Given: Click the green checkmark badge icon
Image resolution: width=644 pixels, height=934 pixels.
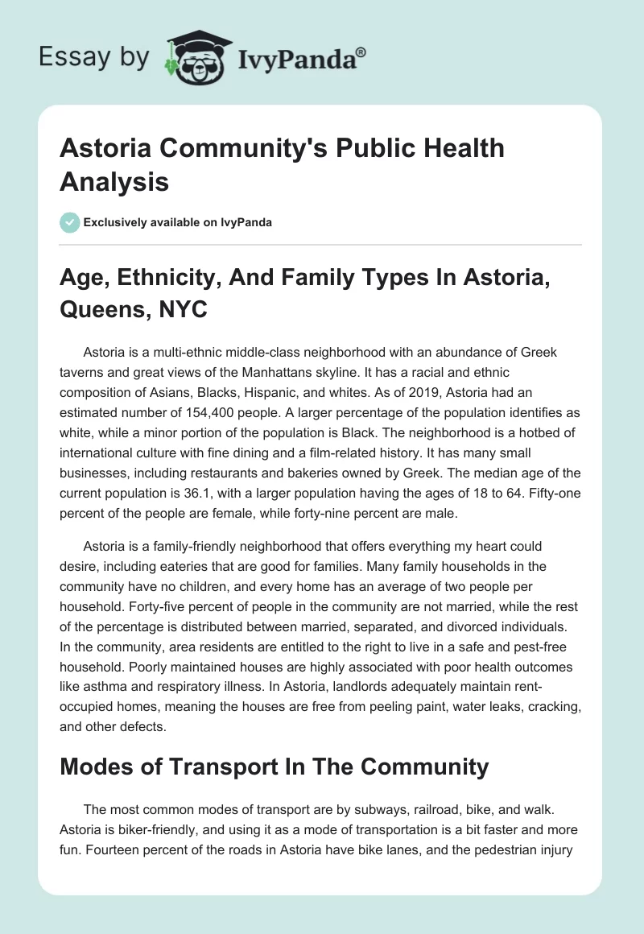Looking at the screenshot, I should click(x=70, y=222).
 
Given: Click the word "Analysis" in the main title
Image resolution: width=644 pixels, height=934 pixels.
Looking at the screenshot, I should click(x=114, y=181).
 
